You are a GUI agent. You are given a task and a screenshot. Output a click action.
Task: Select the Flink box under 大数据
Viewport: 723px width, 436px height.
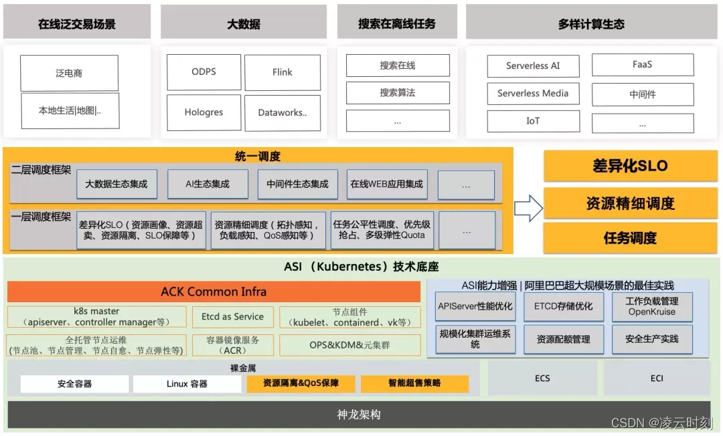(x=282, y=72)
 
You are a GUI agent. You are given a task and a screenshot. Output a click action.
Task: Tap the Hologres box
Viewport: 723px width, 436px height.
(x=203, y=112)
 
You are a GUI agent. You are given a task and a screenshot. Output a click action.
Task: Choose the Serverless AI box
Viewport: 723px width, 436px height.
(x=533, y=66)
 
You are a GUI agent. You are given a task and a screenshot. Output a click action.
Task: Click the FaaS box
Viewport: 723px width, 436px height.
(x=642, y=65)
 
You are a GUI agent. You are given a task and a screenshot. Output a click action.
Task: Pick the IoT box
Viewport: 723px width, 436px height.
(x=533, y=121)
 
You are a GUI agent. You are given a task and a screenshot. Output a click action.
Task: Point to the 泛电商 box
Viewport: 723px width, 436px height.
(x=69, y=73)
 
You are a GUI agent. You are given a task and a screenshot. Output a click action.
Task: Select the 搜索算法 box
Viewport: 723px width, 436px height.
(x=398, y=93)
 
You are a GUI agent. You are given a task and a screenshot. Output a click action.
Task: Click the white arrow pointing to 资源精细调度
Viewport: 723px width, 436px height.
(x=528, y=207)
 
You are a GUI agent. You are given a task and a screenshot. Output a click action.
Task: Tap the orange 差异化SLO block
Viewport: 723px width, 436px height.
(x=630, y=166)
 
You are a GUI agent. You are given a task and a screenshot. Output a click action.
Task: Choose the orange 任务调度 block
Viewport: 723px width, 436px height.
(x=630, y=238)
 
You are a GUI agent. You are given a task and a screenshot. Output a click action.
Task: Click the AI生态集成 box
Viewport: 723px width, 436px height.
(x=208, y=184)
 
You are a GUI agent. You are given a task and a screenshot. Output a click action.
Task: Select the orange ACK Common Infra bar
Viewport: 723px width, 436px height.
(x=214, y=292)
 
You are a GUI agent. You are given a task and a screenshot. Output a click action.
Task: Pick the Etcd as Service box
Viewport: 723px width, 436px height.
(x=232, y=317)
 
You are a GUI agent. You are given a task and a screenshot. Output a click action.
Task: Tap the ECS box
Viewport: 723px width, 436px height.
(x=542, y=378)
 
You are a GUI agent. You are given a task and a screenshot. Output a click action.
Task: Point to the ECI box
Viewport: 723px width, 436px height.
(x=657, y=378)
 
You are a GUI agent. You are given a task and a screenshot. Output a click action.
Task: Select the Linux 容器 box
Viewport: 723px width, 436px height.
(x=187, y=384)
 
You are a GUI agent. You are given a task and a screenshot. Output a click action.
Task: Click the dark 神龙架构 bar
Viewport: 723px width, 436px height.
(x=359, y=415)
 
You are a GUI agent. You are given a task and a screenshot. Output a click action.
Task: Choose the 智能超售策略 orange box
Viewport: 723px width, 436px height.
(x=414, y=384)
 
